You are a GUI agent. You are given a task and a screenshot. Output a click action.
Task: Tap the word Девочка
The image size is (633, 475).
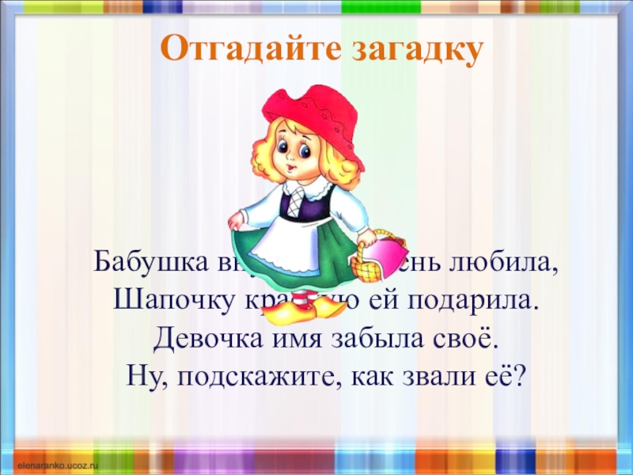tap(203, 339)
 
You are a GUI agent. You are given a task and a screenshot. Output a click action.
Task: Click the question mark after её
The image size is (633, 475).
tap(520, 377)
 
